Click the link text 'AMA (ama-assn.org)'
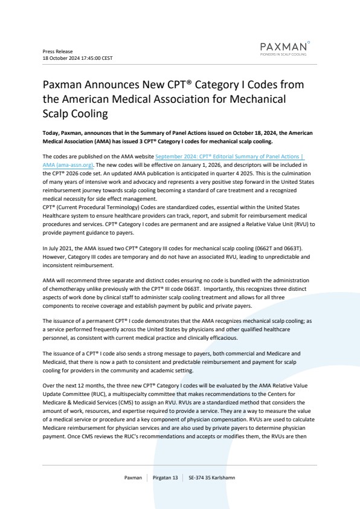click(71, 164)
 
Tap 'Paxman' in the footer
click(133, 478)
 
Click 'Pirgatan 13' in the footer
click(166, 478)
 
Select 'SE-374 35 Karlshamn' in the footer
click(212, 478)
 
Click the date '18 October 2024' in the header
click(59, 58)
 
